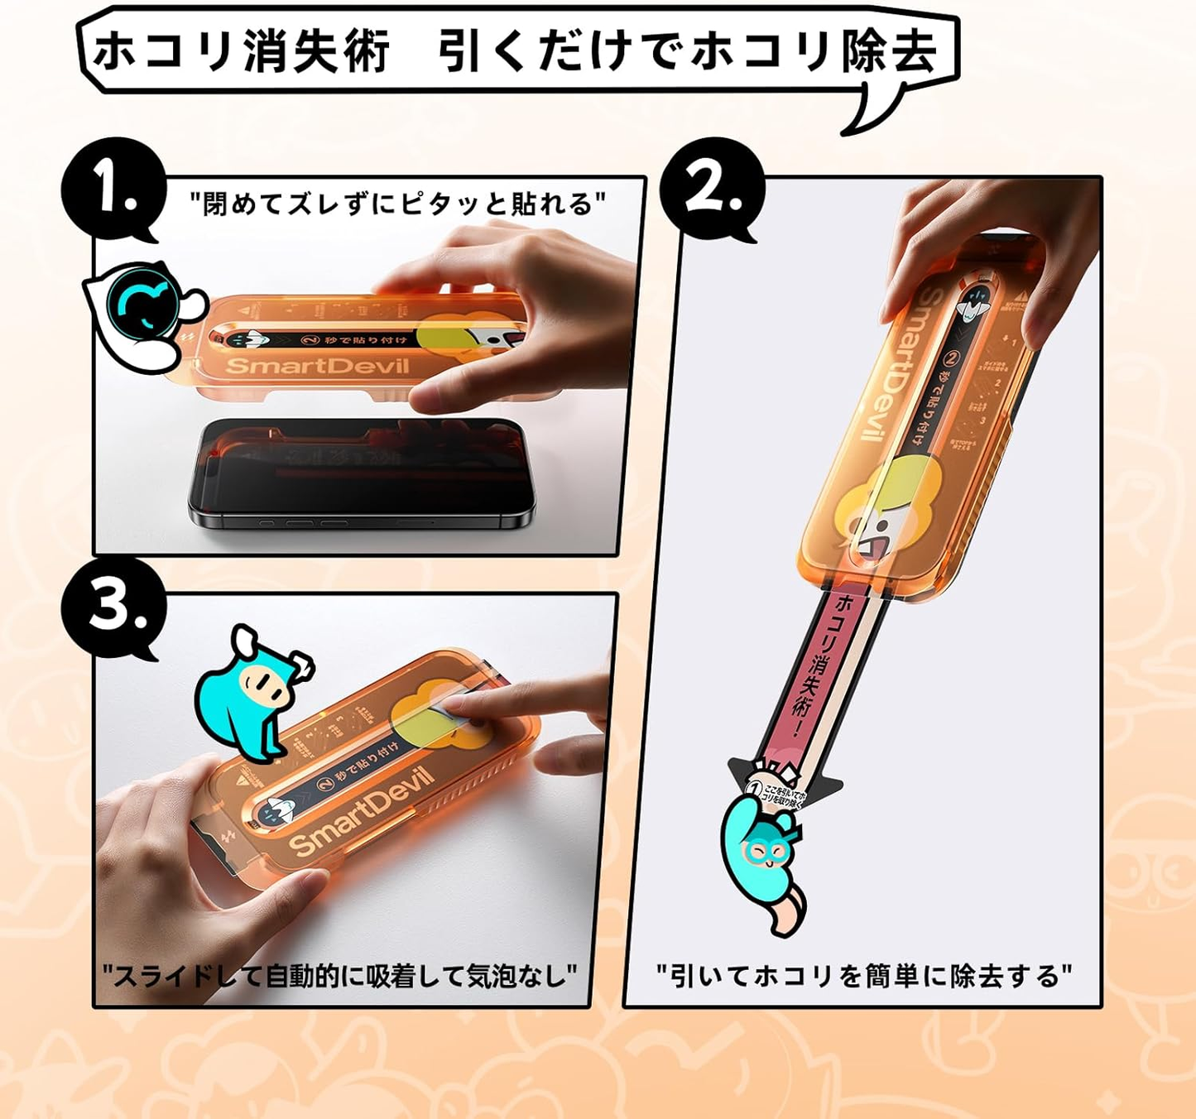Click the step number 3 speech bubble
click(112, 609)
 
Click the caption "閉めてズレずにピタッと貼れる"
click(397, 204)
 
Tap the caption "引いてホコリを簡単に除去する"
click(863, 976)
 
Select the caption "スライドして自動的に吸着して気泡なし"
click(339, 976)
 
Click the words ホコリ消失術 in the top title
click(241, 51)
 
